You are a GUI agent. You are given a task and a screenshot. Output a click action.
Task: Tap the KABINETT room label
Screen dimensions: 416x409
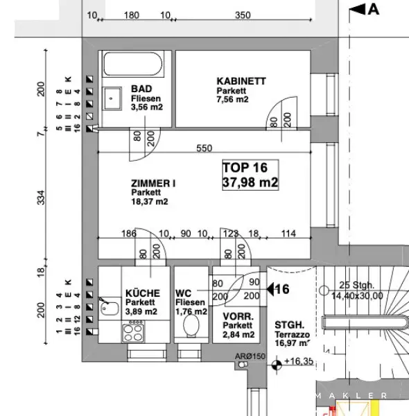pyautogui.click(x=241, y=82)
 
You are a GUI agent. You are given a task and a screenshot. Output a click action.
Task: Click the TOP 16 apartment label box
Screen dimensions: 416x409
pyautogui.click(x=250, y=175)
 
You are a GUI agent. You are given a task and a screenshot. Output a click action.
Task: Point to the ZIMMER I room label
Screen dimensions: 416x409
pyautogui.click(x=153, y=184)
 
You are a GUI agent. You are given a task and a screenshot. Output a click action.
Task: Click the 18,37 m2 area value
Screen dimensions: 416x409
pyautogui.click(x=149, y=202)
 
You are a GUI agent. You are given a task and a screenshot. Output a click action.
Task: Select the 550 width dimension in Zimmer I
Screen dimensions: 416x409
pyautogui.click(x=204, y=148)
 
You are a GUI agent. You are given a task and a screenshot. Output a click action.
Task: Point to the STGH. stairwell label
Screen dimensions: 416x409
pyautogui.click(x=287, y=324)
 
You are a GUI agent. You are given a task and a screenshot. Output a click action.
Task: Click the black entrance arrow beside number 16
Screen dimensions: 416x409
pyautogui.click(x=273, y=288)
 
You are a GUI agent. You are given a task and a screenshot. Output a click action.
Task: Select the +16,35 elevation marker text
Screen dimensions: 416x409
pyautogui.click(x=299, y=361)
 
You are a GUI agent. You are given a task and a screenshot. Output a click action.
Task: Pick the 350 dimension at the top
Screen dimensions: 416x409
pyautogui.click(x=242, y=15)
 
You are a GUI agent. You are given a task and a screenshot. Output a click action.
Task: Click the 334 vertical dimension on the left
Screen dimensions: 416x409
pyautogui.click(x=41, y=198)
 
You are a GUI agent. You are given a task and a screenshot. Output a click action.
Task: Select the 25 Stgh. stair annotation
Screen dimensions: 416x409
pyautogui.click(x=357, y=285)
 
